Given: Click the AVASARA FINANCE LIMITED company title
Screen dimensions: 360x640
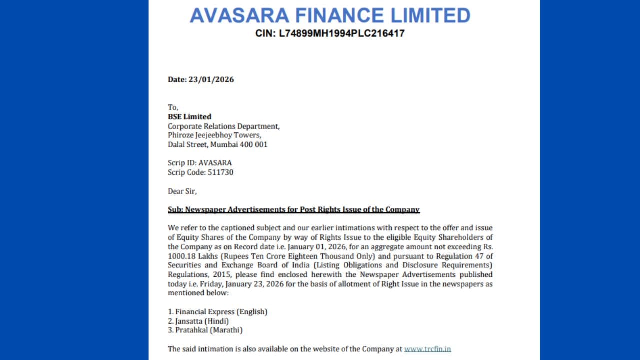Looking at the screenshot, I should tap(330, 15).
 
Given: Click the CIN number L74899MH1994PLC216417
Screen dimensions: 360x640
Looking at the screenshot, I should tap(330, 33).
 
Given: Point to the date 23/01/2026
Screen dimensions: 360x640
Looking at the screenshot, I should tap(211, 79).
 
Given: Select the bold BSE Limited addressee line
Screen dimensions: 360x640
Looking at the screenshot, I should tap(189, 117).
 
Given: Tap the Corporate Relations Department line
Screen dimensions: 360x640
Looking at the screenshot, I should tap(223, 126).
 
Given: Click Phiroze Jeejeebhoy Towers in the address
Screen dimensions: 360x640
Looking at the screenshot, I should tap(214, 135).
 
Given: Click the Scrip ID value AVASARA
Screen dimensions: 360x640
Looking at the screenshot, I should tap(215, 163).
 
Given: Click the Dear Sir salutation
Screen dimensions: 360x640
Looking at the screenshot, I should tap(182, 191).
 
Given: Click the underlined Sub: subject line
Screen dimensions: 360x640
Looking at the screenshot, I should tap(293, 210).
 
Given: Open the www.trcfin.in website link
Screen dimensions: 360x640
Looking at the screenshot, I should tap(427, 349).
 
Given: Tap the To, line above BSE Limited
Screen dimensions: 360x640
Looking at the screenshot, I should tap(173, 107).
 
